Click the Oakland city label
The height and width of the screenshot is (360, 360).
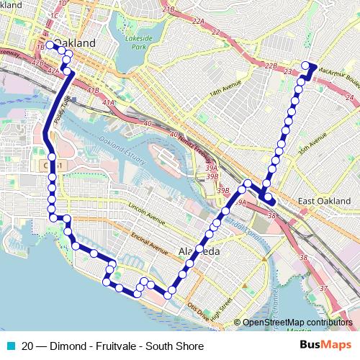[x=75, y=43]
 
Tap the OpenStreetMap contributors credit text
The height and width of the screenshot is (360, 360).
[x=297, y=323]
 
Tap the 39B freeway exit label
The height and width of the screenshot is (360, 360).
[x=224, y=190]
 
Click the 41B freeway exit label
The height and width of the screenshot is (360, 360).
[x=93, y=90]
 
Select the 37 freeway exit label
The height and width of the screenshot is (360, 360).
[x=323, y=289]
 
